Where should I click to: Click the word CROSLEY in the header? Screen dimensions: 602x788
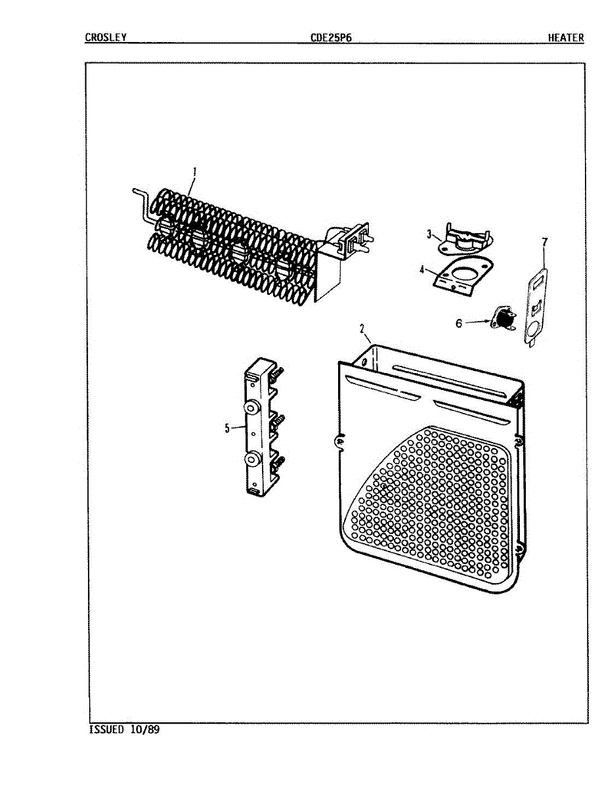(x=105, y=37)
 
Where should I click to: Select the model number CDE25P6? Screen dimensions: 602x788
(x=332, y=37)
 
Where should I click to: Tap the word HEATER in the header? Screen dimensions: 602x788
(x=566, y=37)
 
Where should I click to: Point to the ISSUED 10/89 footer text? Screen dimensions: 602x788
(x=123, y=730)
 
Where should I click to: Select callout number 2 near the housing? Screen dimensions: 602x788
(x=362, y=328)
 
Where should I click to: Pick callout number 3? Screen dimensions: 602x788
(x=429, y=234)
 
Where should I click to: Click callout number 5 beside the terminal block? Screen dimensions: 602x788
(x=227, y=428)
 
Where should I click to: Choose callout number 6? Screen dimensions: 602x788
(x=459, y=322)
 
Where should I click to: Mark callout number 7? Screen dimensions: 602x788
(x=544, y=242)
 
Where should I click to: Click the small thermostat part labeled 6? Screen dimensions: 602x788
(x=504, y=320)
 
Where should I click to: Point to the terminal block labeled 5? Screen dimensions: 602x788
(x=261, y=427)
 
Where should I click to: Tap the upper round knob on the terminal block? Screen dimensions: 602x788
(x=251, y=409)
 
